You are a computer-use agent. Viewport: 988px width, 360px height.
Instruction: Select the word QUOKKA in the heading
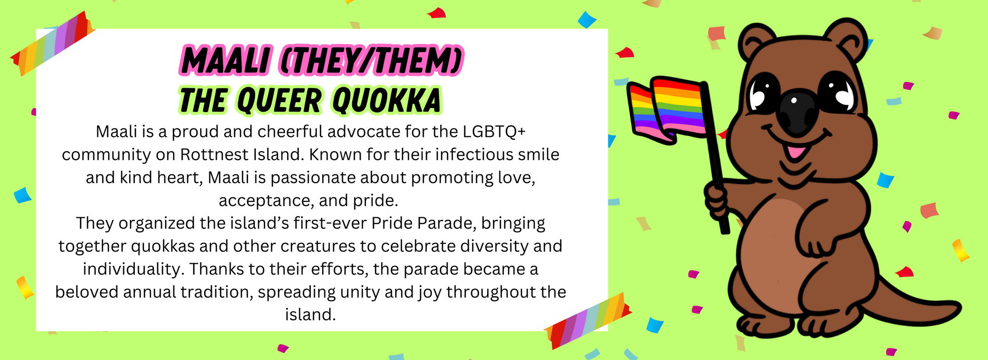click(x=386, y=100)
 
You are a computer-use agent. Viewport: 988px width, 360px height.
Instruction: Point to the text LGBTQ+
click(x=494, y=132)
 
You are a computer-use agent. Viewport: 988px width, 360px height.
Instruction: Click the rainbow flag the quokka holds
click(x=667, y=110)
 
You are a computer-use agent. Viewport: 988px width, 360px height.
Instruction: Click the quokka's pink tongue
click(x=796, y=151)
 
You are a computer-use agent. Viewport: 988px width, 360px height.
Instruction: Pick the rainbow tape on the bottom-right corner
click(x=587, y=321)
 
